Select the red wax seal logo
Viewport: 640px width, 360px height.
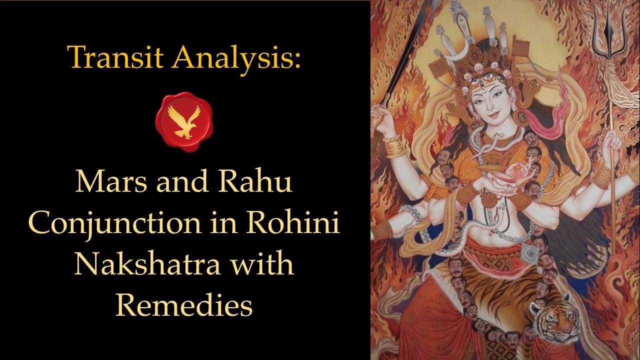pos(184,120)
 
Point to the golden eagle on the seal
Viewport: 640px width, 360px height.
pos(184,120)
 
